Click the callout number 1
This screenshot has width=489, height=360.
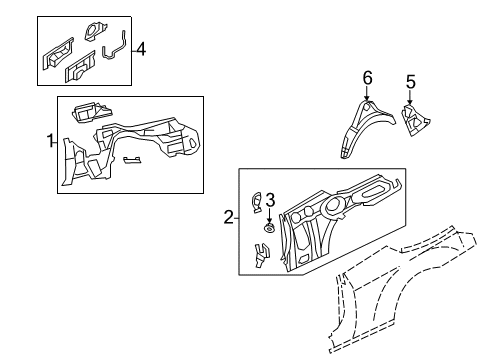49,143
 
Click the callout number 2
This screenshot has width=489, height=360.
229,217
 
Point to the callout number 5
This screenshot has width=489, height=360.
409,82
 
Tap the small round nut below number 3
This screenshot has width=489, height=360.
268,228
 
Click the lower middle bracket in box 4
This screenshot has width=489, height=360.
82,70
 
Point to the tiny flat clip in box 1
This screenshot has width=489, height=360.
132,159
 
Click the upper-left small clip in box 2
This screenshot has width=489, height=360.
256,204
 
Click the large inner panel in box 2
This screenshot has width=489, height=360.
340,215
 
